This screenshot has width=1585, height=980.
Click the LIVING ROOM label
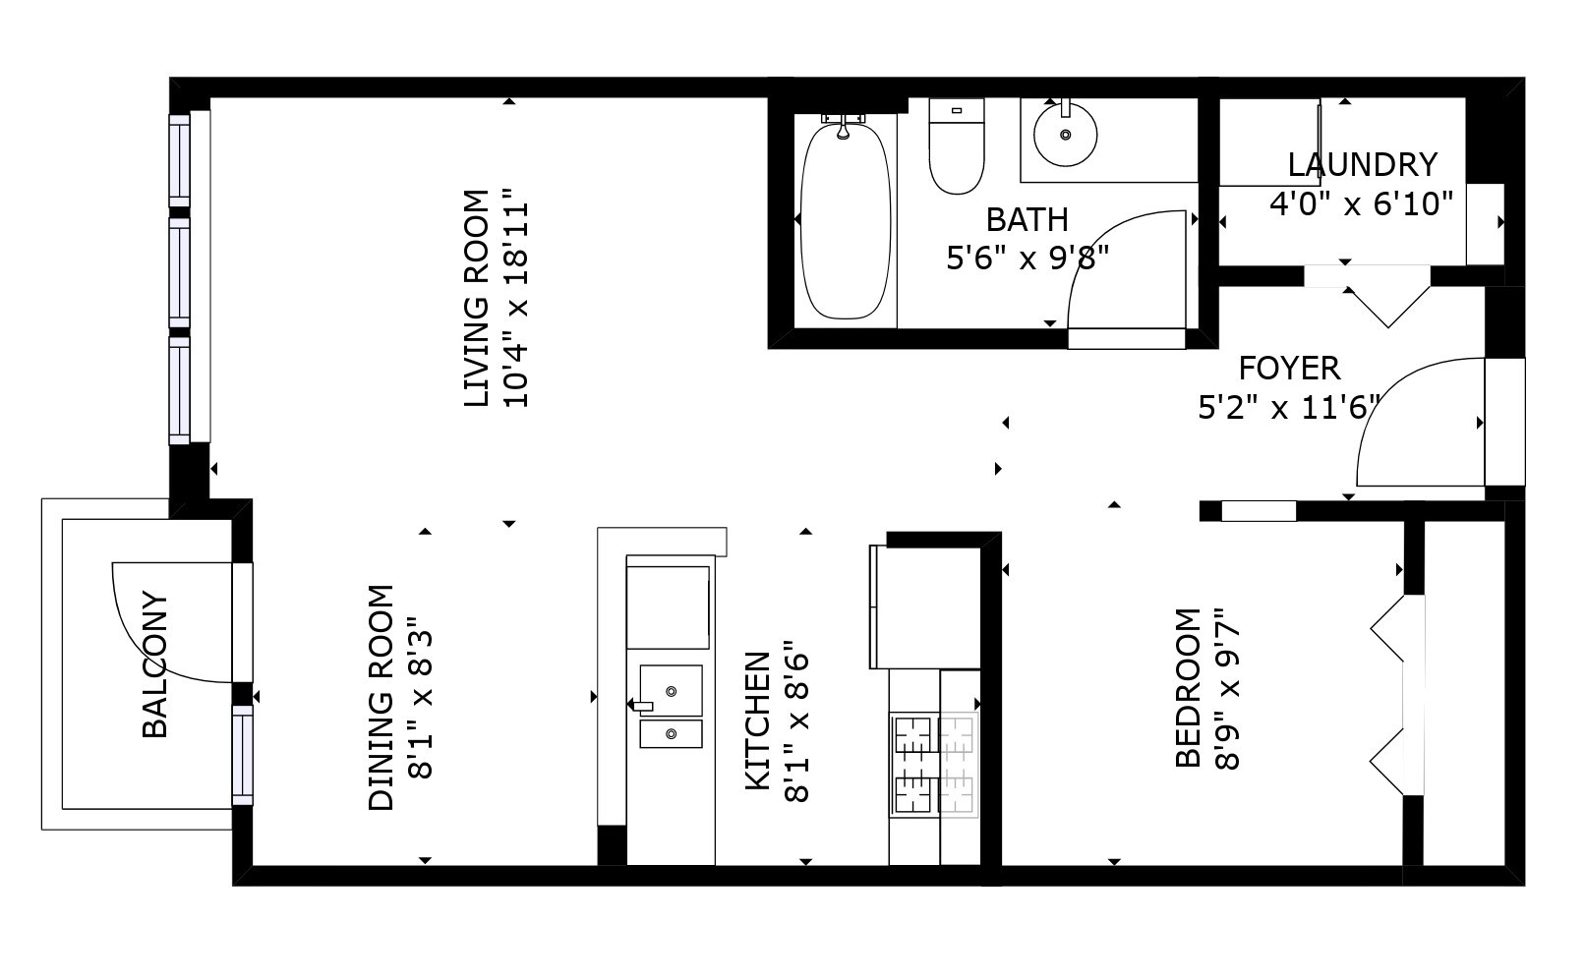coord(476,298)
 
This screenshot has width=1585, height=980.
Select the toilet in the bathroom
coord(957,145)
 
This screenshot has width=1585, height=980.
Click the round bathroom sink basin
coord(1065,135)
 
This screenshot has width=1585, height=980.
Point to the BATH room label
coord(1027,220)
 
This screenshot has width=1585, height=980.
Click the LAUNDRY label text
coord(1362,165)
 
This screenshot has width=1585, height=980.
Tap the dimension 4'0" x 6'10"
coord(1362,204)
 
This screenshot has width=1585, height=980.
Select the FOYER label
coord(1289,369)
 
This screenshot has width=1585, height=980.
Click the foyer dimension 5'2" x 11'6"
coord(1289,408)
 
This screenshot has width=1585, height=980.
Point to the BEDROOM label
coord(1188,688)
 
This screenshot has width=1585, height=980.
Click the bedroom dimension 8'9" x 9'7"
coord(1227,688)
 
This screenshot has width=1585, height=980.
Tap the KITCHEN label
coord(758,721)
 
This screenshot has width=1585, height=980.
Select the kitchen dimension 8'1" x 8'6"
coord(796,721)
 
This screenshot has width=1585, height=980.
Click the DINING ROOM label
coord(381,698)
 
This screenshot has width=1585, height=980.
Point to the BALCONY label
coord(155,664)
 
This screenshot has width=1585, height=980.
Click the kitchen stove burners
coord(934,765)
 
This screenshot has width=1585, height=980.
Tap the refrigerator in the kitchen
coord(925,607)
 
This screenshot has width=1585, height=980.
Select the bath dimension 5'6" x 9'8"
coord(1027,259)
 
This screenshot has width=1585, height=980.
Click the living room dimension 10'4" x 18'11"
coord(515,298)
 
